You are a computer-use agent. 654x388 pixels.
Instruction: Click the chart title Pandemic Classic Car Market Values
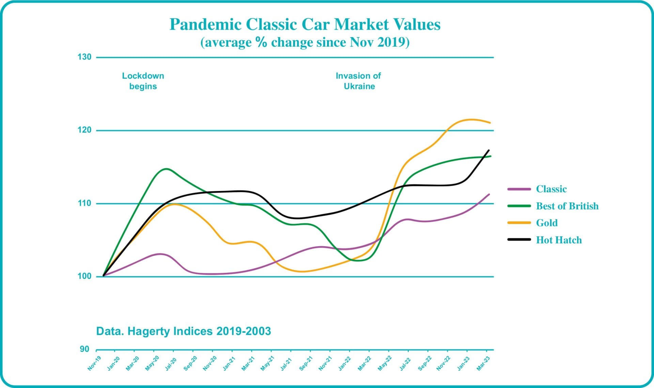click(x=305, y=25)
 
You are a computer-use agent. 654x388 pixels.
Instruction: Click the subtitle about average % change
click(x=305, y=42)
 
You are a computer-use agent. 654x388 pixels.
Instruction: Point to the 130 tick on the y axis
click(x=84, y=57)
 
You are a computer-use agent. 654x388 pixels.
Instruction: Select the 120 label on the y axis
click(x=84, y=130)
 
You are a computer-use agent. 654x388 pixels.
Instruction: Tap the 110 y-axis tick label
click(x=84, y=203)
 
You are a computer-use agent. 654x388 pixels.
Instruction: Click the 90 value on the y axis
click(x=84, y=349)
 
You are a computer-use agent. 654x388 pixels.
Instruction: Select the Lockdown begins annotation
click(x=143, y=81)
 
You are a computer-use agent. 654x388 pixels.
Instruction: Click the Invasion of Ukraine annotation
click(x=358, y=81)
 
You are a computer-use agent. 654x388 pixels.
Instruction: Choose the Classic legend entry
click(x=551, y=189)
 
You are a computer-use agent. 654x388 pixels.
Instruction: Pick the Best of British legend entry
click(x=567, y=206)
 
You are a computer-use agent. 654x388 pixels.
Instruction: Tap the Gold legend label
click(x=547, y=223)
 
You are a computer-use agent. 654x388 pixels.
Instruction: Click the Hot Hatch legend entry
click(x=559, y=240)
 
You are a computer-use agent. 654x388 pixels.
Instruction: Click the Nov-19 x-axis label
click(x=94, y=363)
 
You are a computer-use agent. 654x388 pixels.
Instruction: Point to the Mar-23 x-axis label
click(x=483, y=363)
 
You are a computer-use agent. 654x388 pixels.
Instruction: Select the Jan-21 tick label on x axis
click(x=229, y=363)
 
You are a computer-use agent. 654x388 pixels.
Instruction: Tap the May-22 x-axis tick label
click(x=385, y=363)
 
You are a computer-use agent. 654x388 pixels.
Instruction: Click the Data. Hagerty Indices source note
click(x=184, y=331)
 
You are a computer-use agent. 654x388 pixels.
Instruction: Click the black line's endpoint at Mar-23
click(x=489, y=150)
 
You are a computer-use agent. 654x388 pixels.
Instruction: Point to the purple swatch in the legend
click(x=519, y=189)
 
